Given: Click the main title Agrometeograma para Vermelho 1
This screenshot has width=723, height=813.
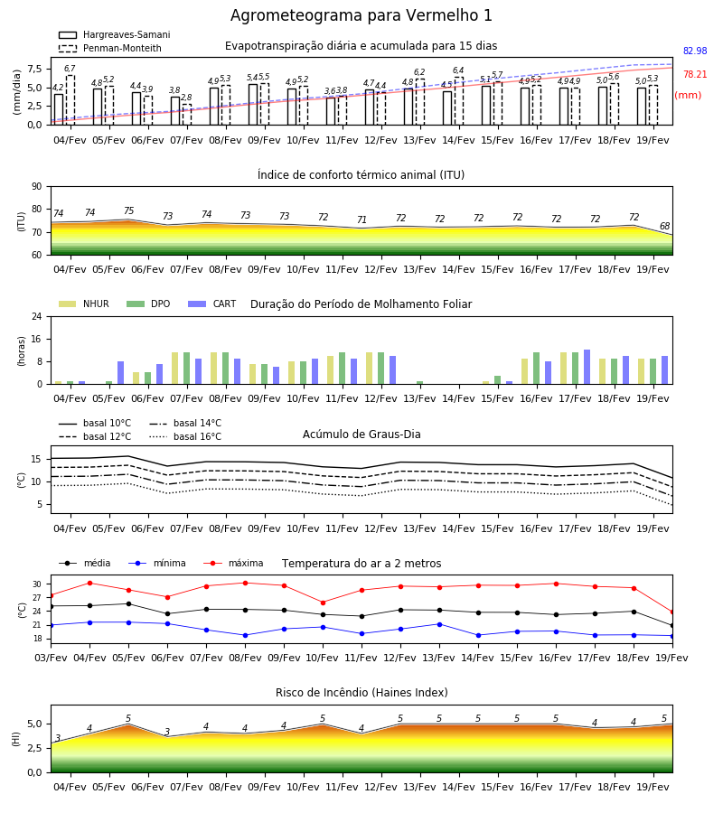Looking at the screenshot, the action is tap(361, 15).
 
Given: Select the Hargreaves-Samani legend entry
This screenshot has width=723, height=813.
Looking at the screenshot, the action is tap(114, 34).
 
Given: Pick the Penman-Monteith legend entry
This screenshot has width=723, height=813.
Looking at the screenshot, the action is tap(110, 48).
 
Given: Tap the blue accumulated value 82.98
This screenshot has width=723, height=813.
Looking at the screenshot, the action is tap(695, 51).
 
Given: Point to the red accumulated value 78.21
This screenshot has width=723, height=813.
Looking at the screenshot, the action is tap(695, 74).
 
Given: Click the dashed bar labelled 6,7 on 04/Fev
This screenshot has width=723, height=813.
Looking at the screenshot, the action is tap(70, 100).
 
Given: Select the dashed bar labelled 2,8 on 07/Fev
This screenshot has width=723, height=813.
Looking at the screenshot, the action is tap(187, 115).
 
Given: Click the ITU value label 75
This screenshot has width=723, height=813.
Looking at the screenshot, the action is tap(128, 210).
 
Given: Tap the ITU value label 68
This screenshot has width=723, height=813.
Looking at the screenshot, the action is tap(664, 226).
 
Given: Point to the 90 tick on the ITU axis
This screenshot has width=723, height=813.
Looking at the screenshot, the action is tap(37, 187).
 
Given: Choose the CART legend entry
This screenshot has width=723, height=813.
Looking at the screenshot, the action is tap(212, 304).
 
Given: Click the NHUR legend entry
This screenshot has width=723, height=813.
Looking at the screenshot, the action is tap(84, 304).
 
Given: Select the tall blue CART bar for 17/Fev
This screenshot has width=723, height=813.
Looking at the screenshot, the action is tap(587, 367).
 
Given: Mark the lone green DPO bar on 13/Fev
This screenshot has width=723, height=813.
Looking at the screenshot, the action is tap(420, 383).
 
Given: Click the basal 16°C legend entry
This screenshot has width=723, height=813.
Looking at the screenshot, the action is tap(185, 436).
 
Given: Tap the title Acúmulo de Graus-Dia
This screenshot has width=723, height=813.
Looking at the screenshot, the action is tap(361, 434).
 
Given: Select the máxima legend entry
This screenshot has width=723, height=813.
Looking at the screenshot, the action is tap(233, 563).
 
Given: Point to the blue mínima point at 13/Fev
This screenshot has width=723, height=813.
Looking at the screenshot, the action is tap(440, 624).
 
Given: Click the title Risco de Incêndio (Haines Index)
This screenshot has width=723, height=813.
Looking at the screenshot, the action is tap(361, 692).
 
